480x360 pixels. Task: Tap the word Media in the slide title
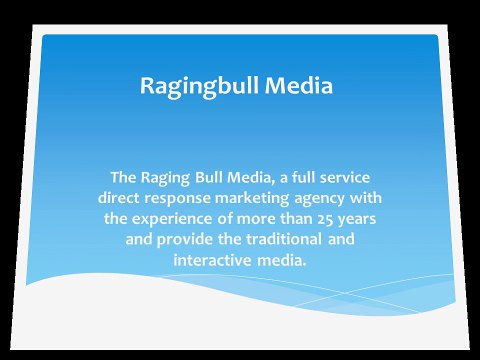point(297,86)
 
